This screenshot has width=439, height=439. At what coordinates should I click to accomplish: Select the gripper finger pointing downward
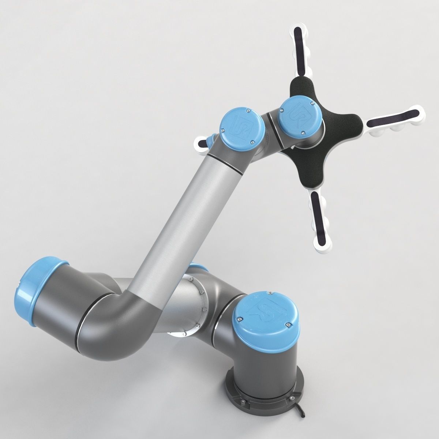click(322, 219)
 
